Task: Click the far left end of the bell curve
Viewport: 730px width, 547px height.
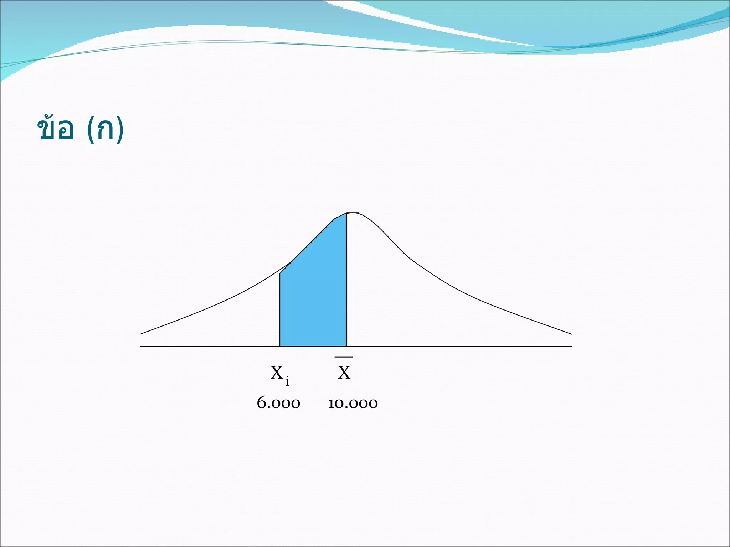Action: [x=140, y=334]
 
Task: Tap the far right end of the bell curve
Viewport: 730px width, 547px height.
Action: [x=572, y=334]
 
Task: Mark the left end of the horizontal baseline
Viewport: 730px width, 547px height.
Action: [x=140, y=346]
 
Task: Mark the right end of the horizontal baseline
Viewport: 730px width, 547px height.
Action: [x=572, y=346]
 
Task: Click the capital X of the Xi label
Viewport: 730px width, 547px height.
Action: [x=277, y=373]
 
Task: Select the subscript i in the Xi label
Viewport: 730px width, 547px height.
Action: [x=287, y=381]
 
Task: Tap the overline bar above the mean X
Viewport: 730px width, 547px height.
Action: [x=344, y=357]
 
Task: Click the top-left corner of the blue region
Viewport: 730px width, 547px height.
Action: [x=280, y=273]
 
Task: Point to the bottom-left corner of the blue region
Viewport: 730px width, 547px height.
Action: [x=280, y=346]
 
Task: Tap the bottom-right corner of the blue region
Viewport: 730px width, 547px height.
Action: [x=347, y=346]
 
